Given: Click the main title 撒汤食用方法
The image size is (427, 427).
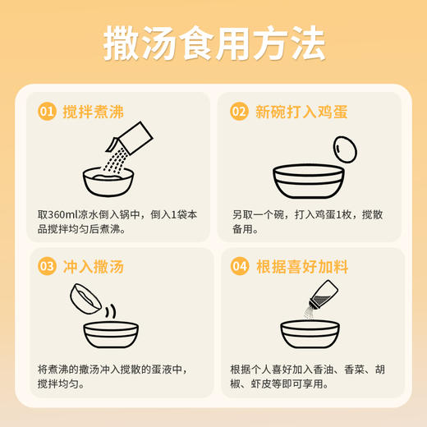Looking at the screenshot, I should tap(213, 44).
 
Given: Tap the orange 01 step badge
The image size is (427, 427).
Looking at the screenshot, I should tap(47, 112).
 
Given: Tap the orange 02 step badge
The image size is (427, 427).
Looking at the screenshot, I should tap(239, 112).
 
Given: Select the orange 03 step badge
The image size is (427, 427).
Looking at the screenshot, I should tap(47, 267).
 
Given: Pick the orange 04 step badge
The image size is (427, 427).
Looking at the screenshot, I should tap(239, 267).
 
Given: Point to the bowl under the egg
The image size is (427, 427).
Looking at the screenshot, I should tap(308, 181).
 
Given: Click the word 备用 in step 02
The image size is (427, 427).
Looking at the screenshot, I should tap(244, 231).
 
